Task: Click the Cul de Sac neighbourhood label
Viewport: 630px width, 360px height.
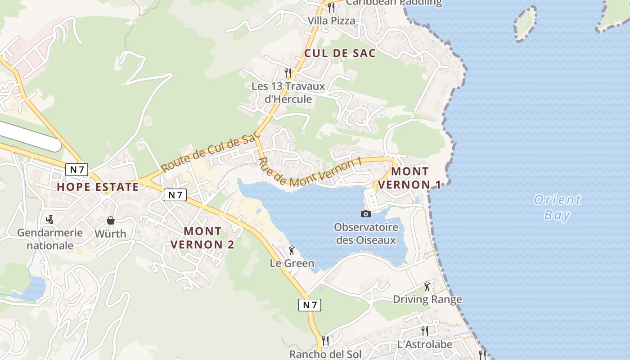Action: [340, 53]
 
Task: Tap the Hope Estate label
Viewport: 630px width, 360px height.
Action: [98, 187]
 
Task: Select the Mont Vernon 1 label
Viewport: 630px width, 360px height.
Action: [409, 178]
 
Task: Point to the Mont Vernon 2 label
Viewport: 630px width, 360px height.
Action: [202, 238]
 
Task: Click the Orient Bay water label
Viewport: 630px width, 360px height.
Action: [557, 207]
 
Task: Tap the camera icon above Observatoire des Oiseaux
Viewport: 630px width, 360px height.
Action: [366, 214]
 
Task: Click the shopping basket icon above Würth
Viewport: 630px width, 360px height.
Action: [111, 220]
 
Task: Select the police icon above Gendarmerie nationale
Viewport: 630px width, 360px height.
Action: [50, 219]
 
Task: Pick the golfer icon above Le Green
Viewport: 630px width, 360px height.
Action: [292, 250]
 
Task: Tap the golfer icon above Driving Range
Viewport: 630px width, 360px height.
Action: [427, 286]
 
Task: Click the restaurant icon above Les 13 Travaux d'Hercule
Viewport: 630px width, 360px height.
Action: [288, 72]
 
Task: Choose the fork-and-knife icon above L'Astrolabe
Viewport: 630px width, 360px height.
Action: [425, 331]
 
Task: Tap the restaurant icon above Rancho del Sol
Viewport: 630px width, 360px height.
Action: [325, 341]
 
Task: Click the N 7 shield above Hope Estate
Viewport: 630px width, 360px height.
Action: [77, 170]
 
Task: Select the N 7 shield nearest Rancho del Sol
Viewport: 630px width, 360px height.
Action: [310, 305]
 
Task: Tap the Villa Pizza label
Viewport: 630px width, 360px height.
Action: [331, 21]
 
